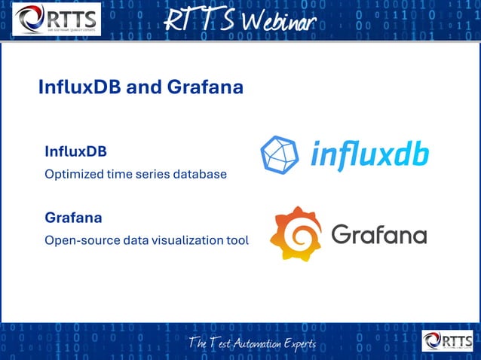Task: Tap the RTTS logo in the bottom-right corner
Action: coord(448,341)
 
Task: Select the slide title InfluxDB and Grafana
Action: coord(140,87)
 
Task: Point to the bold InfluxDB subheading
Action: coord(75,151)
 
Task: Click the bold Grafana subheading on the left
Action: coord(73,218)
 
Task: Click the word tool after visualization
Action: coord(237,241)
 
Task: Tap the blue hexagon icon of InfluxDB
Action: coord(279,154)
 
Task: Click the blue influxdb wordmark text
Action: coord(370,154)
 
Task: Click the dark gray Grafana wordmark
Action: coord(379,234)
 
